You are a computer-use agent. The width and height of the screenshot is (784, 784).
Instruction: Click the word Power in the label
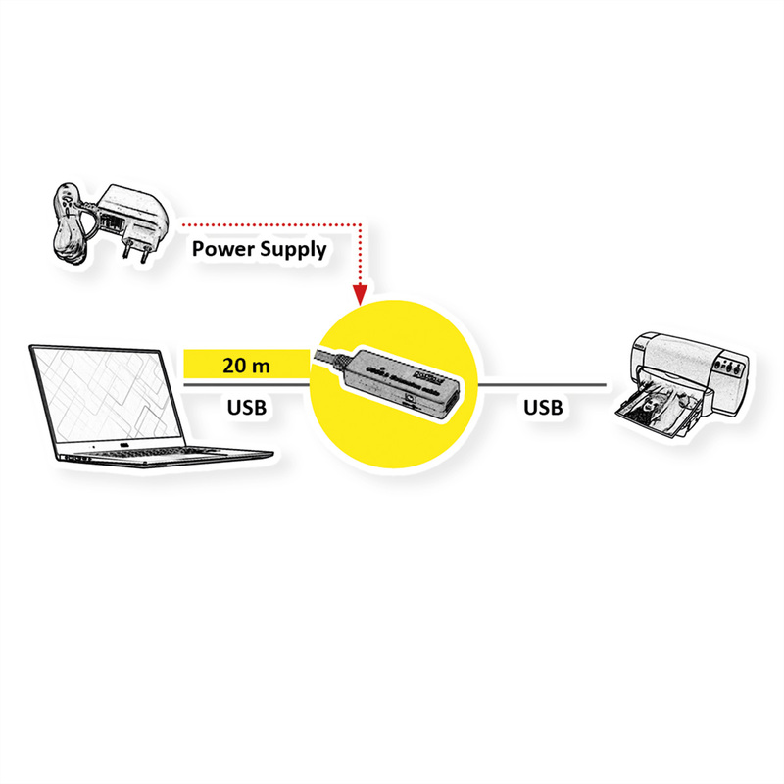[x=221, y=248]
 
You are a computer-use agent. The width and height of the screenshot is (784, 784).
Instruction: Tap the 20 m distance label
[x=246, y=367]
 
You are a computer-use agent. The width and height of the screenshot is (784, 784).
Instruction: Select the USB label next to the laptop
[x=246, y=406]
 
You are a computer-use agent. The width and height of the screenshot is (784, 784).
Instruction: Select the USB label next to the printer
[x=543, y=406]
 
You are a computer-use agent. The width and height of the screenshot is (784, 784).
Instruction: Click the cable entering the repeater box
[x=328, y=358]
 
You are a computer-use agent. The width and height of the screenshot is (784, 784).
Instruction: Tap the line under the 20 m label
[x=245, y=385]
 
